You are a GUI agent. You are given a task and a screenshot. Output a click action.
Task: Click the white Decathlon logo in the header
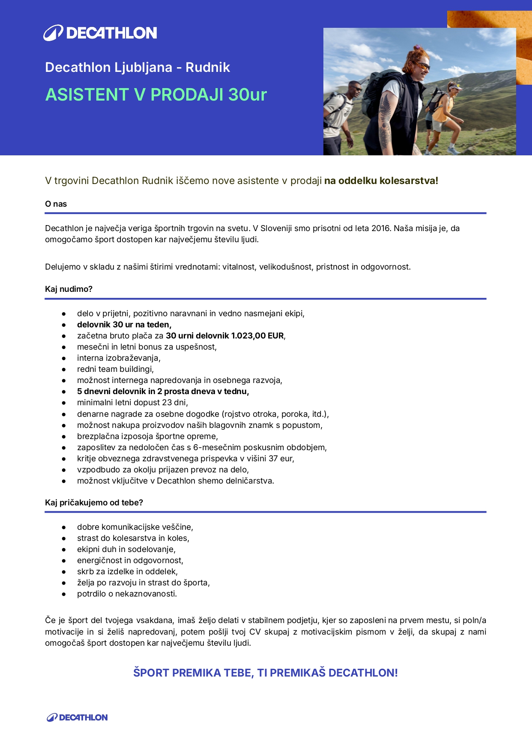point(100,33)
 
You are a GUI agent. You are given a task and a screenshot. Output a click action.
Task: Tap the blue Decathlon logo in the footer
point(77,718)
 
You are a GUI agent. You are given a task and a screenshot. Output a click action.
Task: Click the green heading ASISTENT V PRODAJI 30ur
point(156,95)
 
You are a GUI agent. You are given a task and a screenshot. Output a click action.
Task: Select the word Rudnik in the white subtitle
point(208,67)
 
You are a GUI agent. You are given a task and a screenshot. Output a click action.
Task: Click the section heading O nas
point(56,204)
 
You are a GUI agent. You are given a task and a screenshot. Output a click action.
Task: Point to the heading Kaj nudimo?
point(69,289)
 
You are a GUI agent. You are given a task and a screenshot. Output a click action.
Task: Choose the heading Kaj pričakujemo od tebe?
point(94,503)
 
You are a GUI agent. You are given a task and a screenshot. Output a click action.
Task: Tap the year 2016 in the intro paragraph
point(381,229)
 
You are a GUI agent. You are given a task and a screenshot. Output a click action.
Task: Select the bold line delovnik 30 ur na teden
point(124,325)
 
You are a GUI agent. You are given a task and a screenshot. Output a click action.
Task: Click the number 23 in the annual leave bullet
point(167,403)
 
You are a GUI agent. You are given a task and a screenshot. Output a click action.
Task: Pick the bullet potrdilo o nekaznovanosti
point(127,594)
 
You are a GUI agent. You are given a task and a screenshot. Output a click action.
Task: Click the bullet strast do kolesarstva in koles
point(133,538)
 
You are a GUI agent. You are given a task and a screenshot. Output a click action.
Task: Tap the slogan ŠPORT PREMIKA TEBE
point(194,673)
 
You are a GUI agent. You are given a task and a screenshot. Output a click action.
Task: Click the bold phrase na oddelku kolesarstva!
point(381,181)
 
